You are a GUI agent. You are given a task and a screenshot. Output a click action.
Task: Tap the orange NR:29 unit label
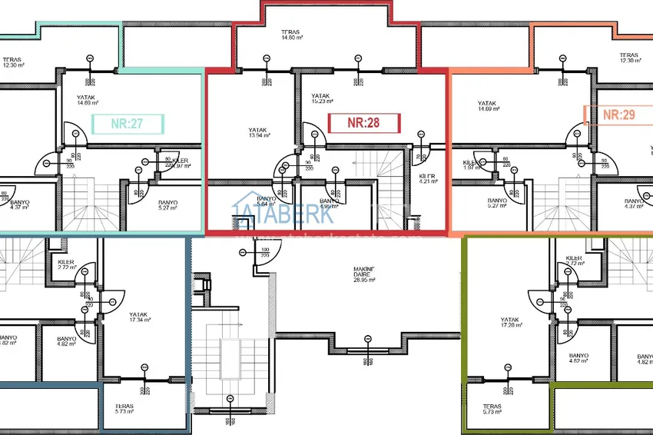(618, 115)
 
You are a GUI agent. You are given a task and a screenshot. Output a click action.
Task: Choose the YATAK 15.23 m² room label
(323, 98)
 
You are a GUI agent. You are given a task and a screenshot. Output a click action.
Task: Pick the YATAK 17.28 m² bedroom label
(511, 322)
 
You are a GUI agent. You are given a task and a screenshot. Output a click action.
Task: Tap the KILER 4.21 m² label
(428, 180)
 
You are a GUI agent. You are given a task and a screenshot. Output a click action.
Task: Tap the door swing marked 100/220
(260, 257)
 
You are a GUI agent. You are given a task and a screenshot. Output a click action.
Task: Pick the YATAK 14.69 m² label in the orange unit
(489, 106)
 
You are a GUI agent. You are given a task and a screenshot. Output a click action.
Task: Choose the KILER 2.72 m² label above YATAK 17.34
(67, 264)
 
